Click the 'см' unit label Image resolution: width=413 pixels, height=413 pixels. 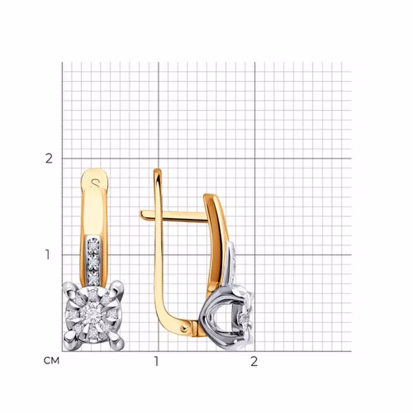tap(51, 361)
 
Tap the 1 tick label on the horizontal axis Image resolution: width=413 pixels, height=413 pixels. tap(157, 361)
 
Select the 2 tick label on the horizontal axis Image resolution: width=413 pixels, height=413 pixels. tap(254, 361)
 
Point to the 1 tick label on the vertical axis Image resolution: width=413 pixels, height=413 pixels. tap(47, 254)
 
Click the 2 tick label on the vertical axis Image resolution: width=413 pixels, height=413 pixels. tap(49, 159)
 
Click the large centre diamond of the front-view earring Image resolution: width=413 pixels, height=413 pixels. tap(93, 313)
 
